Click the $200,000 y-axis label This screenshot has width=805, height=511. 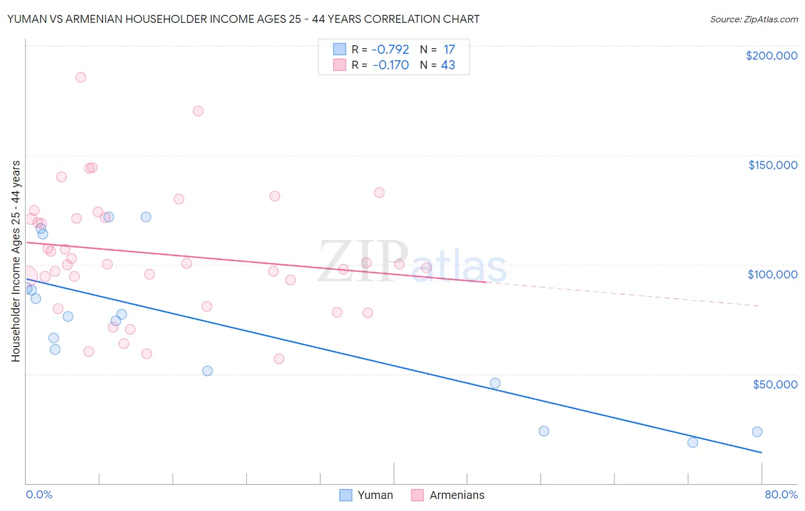(x=771, y=56)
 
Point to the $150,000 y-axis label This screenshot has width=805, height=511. (x=772, y=165)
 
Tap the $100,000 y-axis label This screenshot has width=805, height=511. (x=772, y=274)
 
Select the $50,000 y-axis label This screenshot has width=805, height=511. (x=775, y=384)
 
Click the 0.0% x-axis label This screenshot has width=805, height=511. (x=39, y=494)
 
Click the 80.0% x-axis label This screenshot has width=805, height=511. (x=781, y=494)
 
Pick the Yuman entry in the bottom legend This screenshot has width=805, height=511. (x=366, y=495)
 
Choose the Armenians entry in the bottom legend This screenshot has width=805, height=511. (x=448, y=495)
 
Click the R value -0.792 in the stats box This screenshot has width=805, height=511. (x=390, y=50)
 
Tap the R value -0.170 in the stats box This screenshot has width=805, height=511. (x=390, y=65)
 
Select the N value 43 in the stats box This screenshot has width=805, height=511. (x=448, y=65)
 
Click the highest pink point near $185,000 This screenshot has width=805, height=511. (x=81, y=77)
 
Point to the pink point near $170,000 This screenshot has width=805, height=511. (x=198, y=111)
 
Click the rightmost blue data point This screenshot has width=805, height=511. (x=757, y=432)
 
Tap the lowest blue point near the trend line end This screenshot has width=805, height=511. (x=693, y=442)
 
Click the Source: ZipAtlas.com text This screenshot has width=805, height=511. (x=753, y=19)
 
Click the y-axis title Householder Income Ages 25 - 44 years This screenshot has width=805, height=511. (x=15, y=261)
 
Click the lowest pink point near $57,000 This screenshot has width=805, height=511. (x=279, y=359)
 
